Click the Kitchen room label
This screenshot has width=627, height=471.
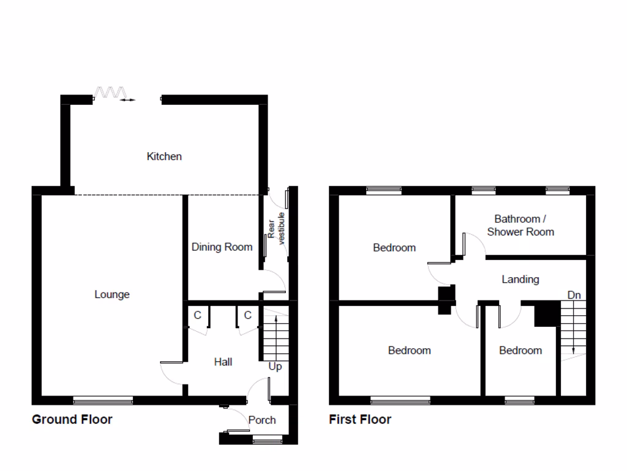point(164,156)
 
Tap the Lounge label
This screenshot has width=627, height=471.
point(112,294)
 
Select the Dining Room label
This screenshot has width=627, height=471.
point(222,247)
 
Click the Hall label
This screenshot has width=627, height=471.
point(223,362)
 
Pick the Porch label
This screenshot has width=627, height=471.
point(262,420)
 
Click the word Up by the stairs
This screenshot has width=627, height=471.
point(276,367)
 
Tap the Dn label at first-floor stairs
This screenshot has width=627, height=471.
point(574,295)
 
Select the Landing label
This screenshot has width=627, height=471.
point(520,279)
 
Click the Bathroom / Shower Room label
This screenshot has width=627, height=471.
point(520,225)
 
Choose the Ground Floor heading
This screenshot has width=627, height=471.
point(72,419)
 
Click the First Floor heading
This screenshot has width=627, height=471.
point(360,419)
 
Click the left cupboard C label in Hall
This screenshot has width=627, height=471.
point(197,315)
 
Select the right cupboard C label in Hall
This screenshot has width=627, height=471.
point(248,315)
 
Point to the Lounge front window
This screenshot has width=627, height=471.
point(103,401)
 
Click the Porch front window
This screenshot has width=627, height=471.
point(267,438)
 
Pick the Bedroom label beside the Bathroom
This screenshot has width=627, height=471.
point(394,248)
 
